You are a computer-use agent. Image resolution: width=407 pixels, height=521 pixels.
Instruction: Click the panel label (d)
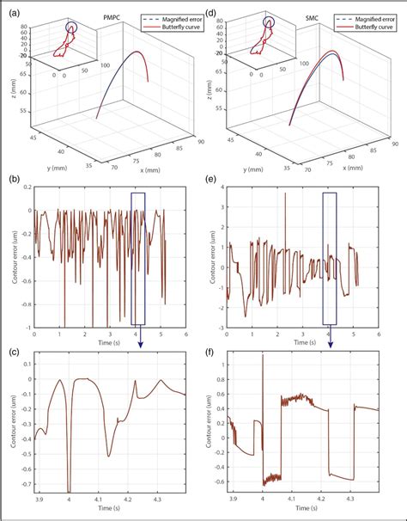[211, 9]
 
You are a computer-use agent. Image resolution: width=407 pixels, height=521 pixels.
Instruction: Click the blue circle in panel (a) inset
[71, 28]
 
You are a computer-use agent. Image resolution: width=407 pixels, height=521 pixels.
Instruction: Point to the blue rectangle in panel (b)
[139, 259]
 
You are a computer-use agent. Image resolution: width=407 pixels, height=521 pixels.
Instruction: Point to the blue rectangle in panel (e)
[330, 259]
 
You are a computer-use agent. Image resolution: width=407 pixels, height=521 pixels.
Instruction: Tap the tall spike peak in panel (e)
[285, 194]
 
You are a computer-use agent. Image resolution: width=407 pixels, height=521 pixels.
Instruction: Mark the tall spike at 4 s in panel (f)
[263, 356]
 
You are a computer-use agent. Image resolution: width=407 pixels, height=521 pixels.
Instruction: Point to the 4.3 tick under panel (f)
[349, 500]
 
